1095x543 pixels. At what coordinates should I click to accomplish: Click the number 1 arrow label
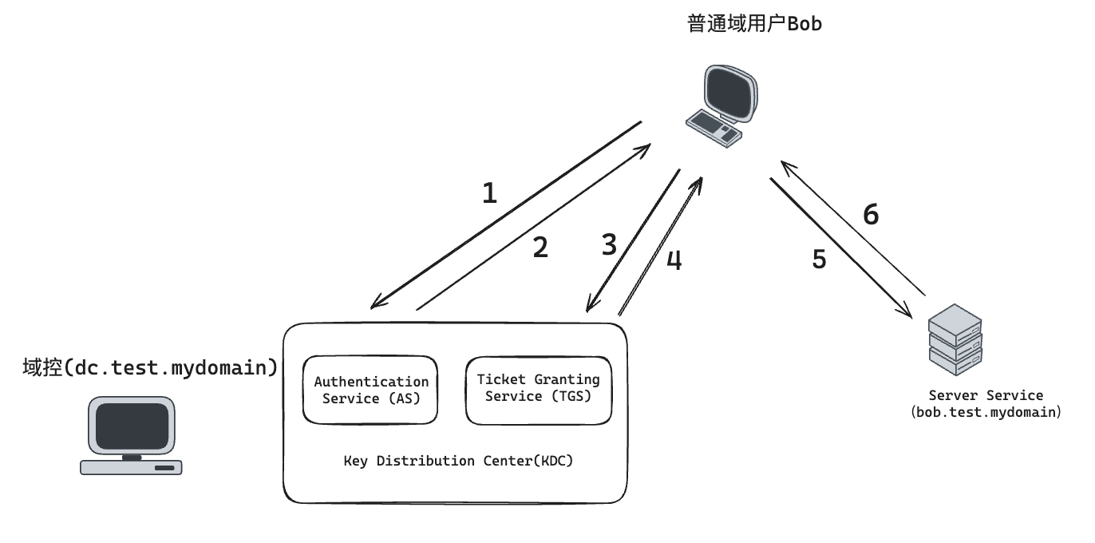click(x=489, y=193)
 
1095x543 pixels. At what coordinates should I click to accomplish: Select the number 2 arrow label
click(x=540, y=248)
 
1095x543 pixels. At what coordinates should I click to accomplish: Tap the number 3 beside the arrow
click(x=609, y=245)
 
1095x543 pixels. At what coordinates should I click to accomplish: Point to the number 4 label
click(x=674, y=261)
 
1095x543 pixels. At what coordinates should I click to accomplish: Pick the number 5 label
click(x=819, y=260)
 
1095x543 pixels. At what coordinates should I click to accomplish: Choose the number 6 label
click(x=871, y=215)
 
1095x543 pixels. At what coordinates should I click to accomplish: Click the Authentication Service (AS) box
click(x=371, y=390)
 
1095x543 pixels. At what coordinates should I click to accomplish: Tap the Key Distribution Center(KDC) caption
click(x=458, y=461)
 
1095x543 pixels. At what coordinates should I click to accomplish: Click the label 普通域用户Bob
click(x=754, y=24)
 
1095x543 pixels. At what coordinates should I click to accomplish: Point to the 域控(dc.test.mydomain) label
click(x=151, y=367)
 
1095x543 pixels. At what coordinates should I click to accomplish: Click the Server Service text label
click(x=986, y=395)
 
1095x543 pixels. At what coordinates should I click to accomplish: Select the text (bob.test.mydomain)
click(x=986, y=413)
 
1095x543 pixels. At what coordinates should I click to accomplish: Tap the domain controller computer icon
click(x=132, y=436)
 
